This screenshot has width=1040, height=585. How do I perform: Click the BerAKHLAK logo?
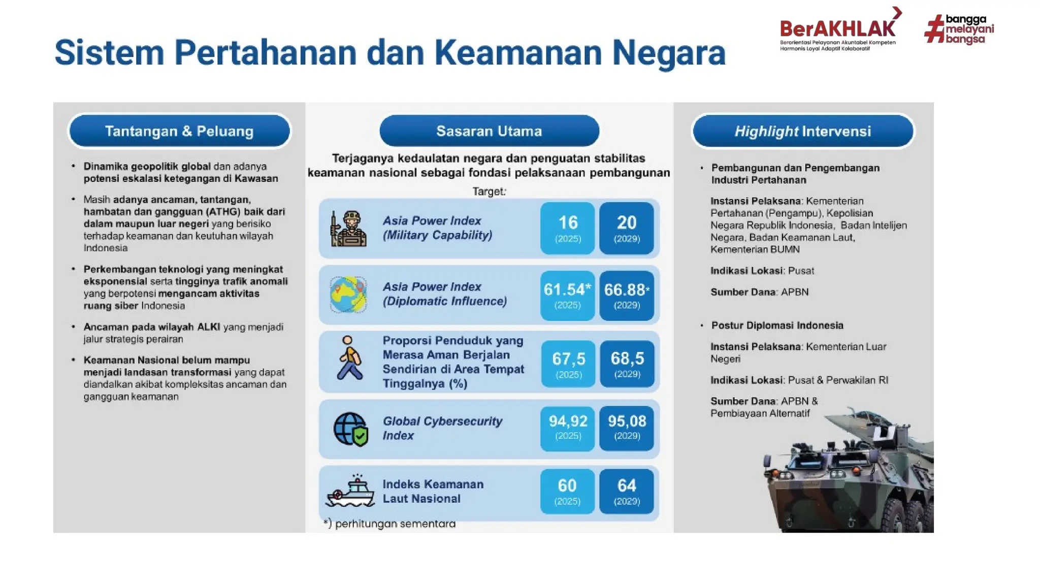point(838,30)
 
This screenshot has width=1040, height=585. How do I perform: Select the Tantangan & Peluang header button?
point(180,131)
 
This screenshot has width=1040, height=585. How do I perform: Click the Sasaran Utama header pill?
point(489,131)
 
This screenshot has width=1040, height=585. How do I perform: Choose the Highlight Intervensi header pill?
point(802,131)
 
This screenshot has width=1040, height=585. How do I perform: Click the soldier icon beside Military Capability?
point(349,229)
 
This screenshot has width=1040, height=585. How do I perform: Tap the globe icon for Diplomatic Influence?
point(348,295)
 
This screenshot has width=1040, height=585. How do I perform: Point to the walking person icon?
point(349,359)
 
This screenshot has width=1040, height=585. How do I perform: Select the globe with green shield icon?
point(350,429)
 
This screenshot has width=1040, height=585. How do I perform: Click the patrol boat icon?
point(350,492)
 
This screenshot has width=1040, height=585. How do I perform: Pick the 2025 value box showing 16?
point(567,228)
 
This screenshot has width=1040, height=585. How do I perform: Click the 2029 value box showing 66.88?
point(626,295)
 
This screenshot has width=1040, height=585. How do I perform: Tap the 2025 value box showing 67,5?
point(568,364)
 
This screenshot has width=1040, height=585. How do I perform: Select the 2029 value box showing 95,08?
point(626,428)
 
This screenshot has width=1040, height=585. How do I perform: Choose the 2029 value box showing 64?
point(626,491)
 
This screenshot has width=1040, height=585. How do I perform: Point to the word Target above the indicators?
point(489,191)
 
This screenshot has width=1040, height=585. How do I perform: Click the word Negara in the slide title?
point(668,53)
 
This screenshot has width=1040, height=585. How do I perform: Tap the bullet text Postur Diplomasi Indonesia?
point(777,326)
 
